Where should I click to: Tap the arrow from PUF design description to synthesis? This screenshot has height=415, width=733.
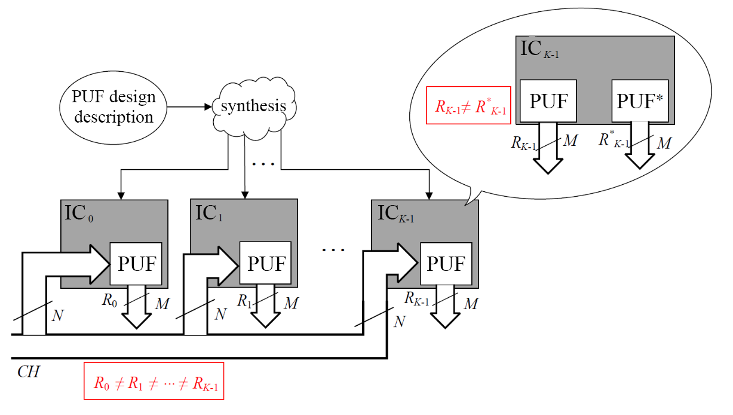point(190,108)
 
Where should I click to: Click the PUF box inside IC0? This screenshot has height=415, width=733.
point(136,264)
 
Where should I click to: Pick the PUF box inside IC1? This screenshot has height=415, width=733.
point(266,264)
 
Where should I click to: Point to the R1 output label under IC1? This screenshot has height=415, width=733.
point(244,301)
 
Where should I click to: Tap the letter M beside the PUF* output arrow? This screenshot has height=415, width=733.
point(664,143)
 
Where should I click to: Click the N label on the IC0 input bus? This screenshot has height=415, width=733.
point(57,315)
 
